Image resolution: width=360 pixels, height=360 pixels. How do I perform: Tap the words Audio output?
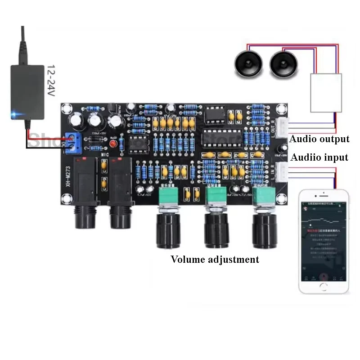[319, 139]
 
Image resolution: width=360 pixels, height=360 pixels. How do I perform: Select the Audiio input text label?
[319, 157]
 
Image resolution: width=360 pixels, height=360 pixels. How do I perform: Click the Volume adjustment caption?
[215, 260]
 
